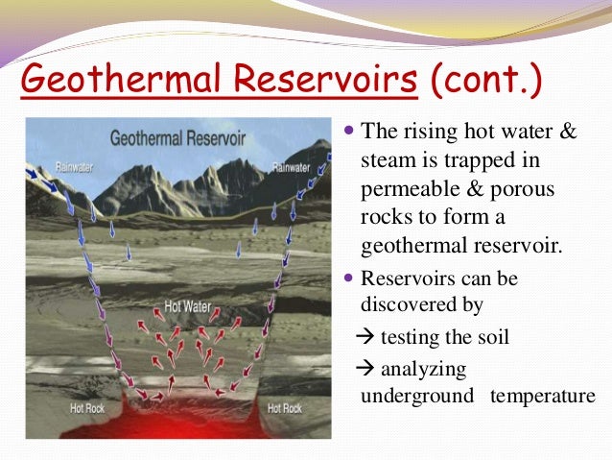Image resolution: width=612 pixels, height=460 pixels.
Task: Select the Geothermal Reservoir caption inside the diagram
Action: click(x=177, y=138)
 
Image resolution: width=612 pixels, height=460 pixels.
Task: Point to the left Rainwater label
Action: click(x=46, y=166)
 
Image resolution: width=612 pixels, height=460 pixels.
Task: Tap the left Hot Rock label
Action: click(x=92, y=408)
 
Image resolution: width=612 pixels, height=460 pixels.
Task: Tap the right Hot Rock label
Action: click(x=286, y=408)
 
